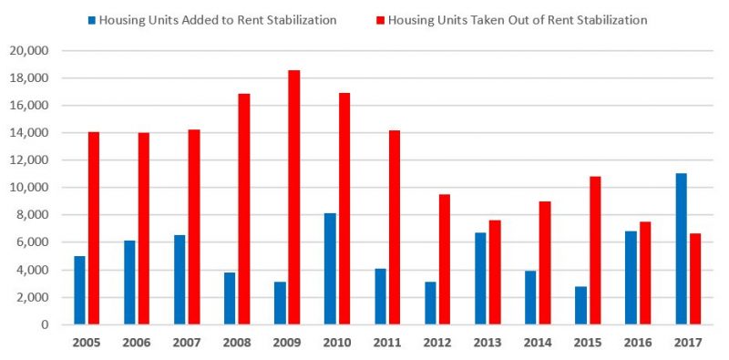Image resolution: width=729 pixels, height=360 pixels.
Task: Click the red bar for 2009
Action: [x=293, y=197]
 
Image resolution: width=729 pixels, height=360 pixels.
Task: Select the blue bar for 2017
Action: [x=681, y=249]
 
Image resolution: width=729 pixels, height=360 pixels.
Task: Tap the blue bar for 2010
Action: [x=330, y=269]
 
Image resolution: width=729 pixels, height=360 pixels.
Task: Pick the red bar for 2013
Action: [x=494, y=273]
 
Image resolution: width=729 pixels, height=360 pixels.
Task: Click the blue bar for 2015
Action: [x=580, y=305]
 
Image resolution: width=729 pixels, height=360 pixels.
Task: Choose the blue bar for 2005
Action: [x=79, y=290]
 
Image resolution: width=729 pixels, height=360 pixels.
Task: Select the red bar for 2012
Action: [x=444, y=259]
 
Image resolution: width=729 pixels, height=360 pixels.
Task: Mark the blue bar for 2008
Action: [x=230, y=298]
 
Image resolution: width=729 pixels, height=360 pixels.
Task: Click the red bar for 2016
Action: [x=644, y=273]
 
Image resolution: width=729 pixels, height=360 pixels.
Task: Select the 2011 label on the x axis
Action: [x=386, y=345]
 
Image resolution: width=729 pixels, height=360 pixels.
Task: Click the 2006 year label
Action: [x=136, y=345]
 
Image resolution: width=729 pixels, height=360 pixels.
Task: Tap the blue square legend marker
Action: [x=92, y=19]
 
